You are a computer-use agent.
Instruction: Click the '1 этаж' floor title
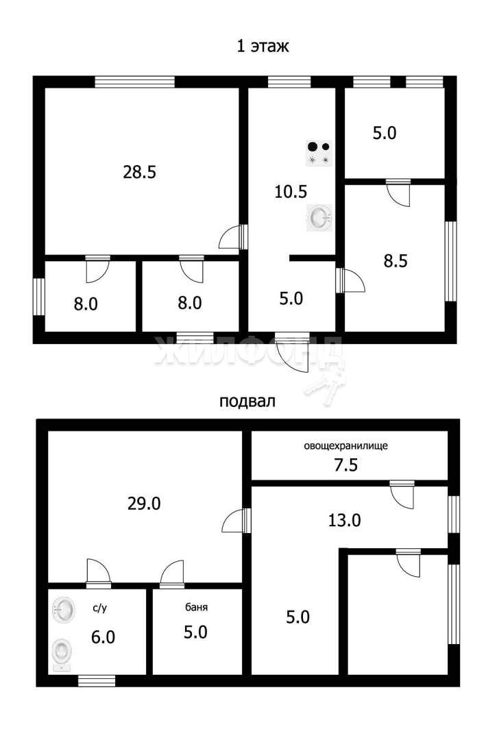coord(263,47)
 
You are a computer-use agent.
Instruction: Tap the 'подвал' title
coord(247,402)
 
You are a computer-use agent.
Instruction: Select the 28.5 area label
coord(139,172)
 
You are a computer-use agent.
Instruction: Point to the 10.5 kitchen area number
coord(291,192)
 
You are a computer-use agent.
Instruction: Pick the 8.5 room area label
coord(395,261)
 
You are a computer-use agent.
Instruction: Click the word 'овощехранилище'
coord(345,445)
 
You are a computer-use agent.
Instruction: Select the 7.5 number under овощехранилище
coord(345,465)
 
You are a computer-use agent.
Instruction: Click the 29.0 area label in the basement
coord(144,504)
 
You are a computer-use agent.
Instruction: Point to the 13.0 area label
coord(344,520)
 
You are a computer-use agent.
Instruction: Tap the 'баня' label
coord(196,607)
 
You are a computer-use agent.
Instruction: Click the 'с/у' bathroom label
coord(99,608)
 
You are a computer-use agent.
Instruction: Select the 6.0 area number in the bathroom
coord(103,637)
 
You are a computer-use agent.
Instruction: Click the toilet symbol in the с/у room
coord(62,654)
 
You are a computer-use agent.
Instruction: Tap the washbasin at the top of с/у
coord(63,610)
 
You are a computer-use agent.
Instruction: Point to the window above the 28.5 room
coord(135,82)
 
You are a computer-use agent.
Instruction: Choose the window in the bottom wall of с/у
coord(97,680)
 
